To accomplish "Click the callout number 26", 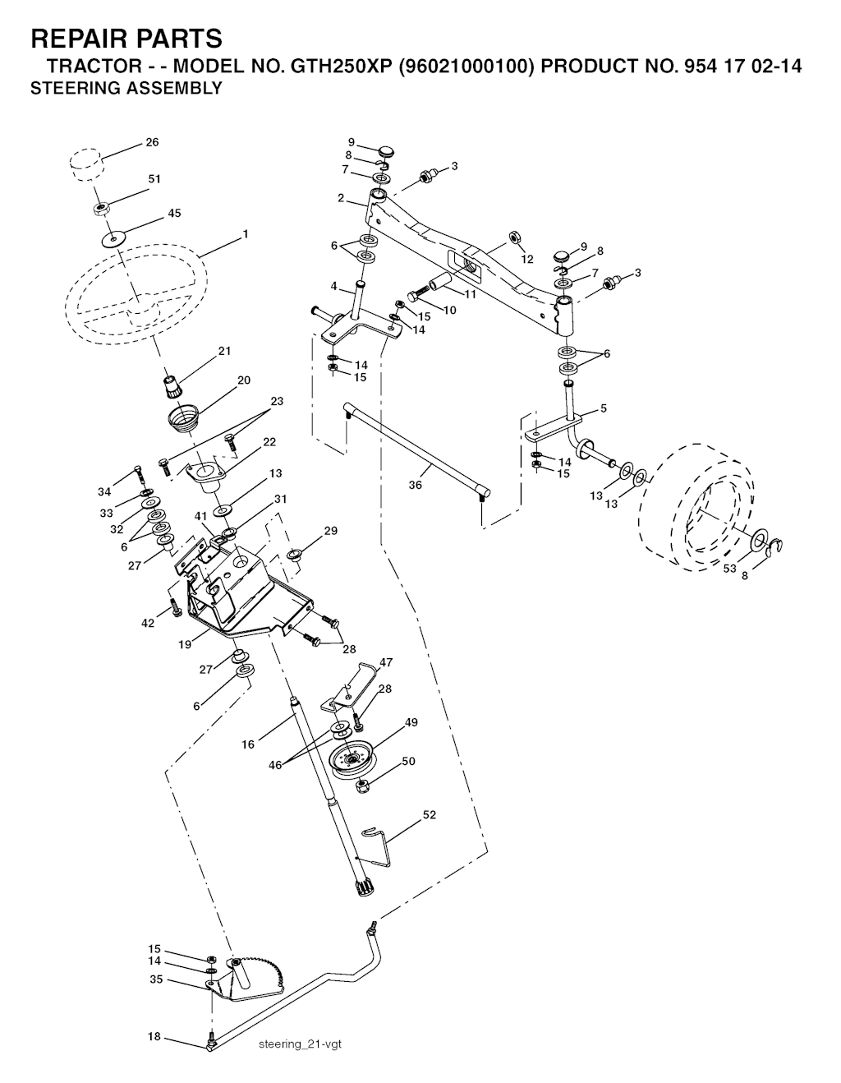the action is [x=152, y=142].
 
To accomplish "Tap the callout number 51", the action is [x=154, y=178].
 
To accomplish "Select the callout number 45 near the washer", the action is [x=174, y=214].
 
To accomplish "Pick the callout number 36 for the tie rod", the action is [x=415, y=485].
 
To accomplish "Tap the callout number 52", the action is [x=430, y=815].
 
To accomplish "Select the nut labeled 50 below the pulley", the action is [x=363, y=787].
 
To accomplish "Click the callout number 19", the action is [x=185, y=644].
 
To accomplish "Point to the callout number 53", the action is [x=729, y=569].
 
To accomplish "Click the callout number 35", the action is [x=156, y=979].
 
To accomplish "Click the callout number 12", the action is [x=526, y=260].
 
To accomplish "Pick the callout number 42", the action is [x=148, y=623].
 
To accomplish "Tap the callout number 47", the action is [x=386, y=662].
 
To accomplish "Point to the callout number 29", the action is [x=331, y=531].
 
